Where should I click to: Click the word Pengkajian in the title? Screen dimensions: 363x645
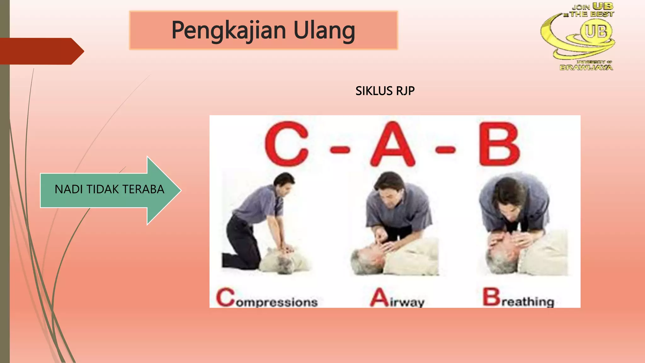coord(229,31)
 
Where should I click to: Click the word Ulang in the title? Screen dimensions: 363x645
coord(324,31)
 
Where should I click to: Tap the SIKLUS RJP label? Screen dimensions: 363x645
coord(385,91)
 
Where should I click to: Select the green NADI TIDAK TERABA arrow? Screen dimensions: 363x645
coord(110,190)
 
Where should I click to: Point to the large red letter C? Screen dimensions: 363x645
coord(286,144)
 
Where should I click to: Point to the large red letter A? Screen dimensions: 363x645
coord(392,144)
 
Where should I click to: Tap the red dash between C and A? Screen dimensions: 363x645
coord(340,149)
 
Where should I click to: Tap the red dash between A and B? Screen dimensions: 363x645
coord(445,149)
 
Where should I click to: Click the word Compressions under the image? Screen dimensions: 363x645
coord(267,298)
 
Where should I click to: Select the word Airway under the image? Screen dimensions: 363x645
coord(397,299)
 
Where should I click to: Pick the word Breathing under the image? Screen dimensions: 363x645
coord(518,298)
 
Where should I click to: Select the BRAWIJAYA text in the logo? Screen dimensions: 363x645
coord(586,67)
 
